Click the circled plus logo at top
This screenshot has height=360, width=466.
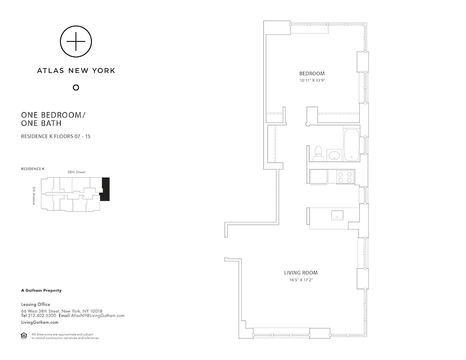point(76,42)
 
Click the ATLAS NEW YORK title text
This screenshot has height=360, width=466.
point(76,70)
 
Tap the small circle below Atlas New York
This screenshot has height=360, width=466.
point(76,87)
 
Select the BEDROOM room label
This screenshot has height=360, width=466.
point(312,73)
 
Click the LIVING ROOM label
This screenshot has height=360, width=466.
point(301,273)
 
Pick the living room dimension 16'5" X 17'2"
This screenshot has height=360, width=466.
point(301,280)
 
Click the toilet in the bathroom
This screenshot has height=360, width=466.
point(318,153)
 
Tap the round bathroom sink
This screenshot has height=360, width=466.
point(334,156)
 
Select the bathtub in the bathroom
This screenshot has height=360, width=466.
point(351,145)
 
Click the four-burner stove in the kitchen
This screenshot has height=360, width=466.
point(345,177)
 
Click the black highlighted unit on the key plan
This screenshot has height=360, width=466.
point(105,189)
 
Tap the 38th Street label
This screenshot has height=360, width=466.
point(76,172)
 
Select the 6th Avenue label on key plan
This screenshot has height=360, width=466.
point(34,196)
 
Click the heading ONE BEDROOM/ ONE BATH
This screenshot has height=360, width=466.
point(53,119)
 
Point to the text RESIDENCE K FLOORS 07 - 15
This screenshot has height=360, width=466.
point(56,135)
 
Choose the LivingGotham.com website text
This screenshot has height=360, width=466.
point(40,322)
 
